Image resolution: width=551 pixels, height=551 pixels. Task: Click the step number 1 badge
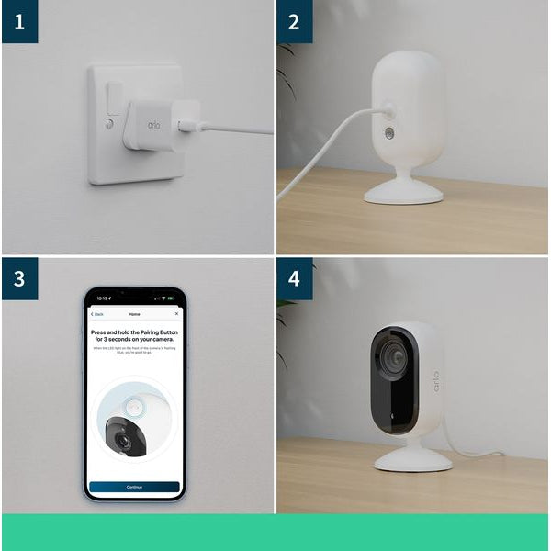tap(19, 21)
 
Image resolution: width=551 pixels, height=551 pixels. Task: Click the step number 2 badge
tap(295, 21)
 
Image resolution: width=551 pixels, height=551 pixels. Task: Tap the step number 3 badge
tap(19, 278)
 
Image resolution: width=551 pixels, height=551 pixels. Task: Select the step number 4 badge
tap(295, 278)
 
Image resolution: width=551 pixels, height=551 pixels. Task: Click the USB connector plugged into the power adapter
tap(187, 124)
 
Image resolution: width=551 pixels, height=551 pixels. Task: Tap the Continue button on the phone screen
tap(134, 487)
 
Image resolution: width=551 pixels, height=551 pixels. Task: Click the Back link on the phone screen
tap(98, 314)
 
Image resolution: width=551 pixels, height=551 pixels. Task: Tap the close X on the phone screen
tap(176, 314)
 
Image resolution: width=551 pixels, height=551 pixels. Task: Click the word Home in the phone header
tap(134, 314)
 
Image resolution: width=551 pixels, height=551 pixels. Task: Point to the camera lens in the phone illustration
tap(121, 442)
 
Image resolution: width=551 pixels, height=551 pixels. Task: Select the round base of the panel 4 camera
tap(413, 458)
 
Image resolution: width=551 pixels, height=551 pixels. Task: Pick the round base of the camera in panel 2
tap(405, 192)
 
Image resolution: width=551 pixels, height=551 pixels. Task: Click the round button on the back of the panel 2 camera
tap(388, 134)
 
